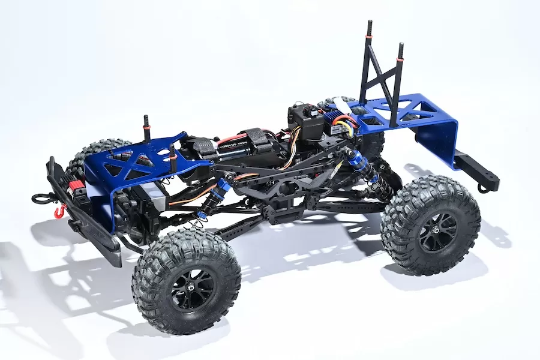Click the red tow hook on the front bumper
pyautogui.click(x=59, y=211)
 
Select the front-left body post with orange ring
pyautogui.click(x=146, y=125)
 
